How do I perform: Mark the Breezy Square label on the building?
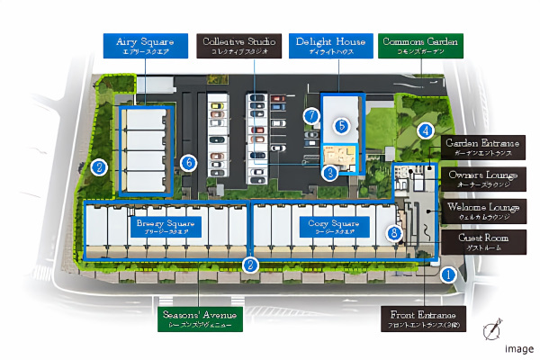click(x=161, y=226)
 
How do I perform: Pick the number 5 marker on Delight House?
click(x=342, y=126)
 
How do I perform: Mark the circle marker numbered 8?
click(x=393, y=233)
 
